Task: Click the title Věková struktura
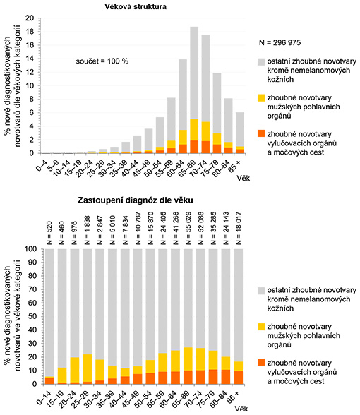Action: point(136,6)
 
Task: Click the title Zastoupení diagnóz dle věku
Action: point(136,200)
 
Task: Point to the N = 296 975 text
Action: point(280,42)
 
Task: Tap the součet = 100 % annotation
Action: point(102,61)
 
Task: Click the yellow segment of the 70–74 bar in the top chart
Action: point(205,131)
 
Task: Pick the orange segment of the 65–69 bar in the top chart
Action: point(194,147)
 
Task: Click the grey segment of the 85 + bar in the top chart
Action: point(240,129)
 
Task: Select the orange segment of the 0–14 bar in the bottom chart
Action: point(49,381)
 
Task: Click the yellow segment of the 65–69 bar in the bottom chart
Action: point(188,359)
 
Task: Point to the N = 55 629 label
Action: point(188,229)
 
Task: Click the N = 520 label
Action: point(49,233)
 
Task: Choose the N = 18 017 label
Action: point(239,229)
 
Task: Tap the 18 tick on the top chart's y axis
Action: point(31,32)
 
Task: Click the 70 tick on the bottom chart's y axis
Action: point(32,289)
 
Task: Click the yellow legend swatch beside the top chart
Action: point(261,97)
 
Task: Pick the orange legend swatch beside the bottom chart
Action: point(261,363)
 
